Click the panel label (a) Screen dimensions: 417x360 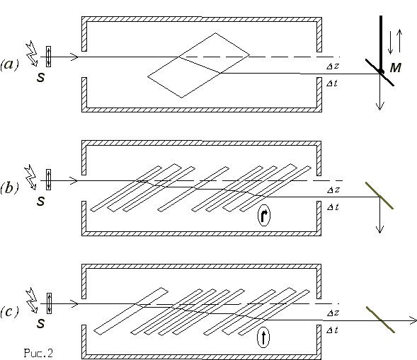[10, 64]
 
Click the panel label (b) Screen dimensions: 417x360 [10, 188]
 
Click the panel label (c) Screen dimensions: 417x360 [10, 312]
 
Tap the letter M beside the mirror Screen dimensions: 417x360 [396, 68]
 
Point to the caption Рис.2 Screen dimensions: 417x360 [38, 353]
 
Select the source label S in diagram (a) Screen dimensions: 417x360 [40, 77]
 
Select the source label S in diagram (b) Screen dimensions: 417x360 [40, 201]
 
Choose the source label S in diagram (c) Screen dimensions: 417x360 [40, 323]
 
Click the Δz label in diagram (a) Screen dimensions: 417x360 [333, 66]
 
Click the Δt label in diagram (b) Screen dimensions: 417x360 [333, 207]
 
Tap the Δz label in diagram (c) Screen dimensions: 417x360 [333, 313]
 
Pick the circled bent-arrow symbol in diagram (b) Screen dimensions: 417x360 [264, 215]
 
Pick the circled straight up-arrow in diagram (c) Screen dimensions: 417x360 [263, 337]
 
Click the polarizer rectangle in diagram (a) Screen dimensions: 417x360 [48, 57]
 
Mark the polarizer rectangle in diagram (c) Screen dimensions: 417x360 [49, 303]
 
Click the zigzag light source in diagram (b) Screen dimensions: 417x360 [30, 178]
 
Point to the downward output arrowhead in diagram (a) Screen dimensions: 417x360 [380, 106]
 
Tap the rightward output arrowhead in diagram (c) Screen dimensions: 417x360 [413, 320]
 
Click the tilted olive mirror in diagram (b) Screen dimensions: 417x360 [379, 196]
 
